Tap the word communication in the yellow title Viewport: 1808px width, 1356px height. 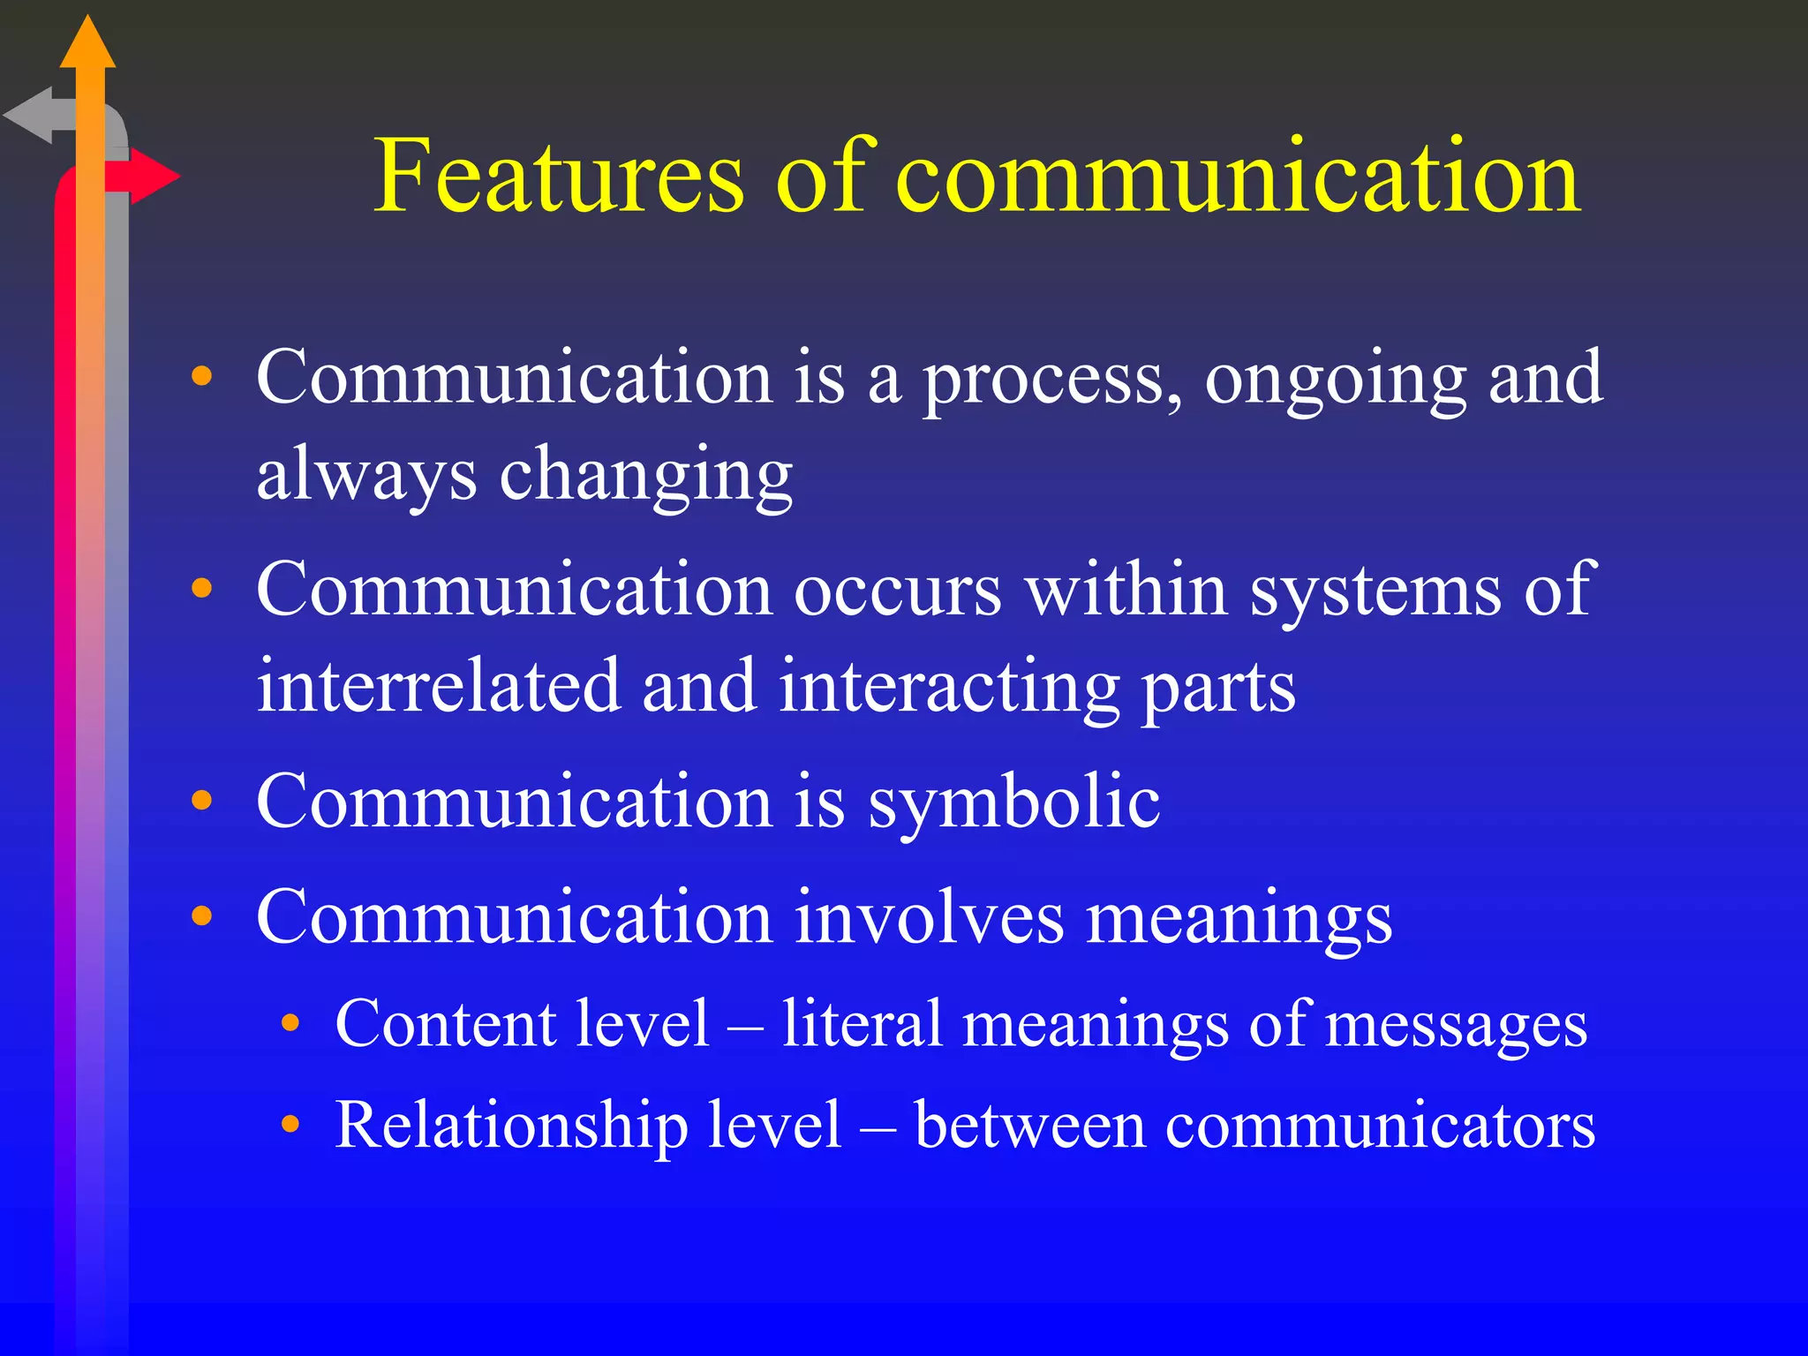(x=1238, y=177)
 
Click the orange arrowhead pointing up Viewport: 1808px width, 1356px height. (x=87, y=44)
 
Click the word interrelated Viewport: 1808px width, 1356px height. (x=439, y=686)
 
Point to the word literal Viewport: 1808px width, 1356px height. (x=862, y=1024)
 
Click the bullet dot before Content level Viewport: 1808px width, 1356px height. (x=290, y=1024)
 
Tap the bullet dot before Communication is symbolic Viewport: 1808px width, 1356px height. (x=202, y=801)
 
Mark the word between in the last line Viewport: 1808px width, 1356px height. (x=1029, y=1126)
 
